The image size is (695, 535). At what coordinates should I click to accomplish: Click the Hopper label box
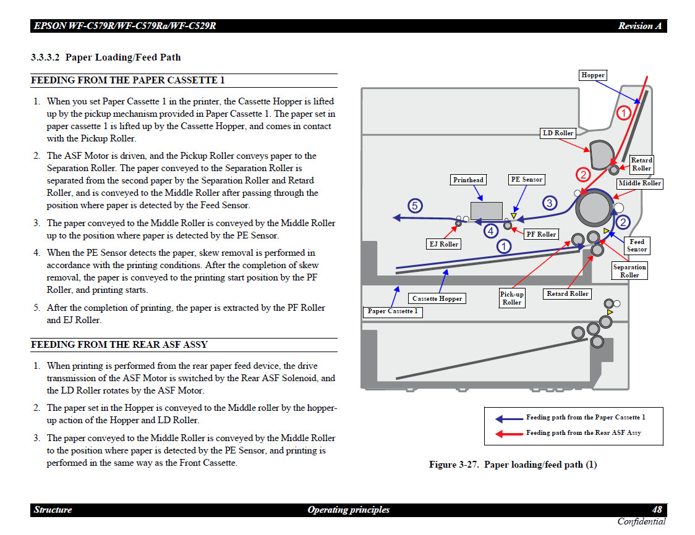coord(592,75)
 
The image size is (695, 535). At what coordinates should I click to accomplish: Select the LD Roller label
coord(558,133)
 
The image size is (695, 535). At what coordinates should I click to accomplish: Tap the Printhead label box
coord(468,180)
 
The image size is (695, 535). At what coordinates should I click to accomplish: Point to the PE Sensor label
coord(526,180)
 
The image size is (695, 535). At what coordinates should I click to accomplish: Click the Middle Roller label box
coord(639,183)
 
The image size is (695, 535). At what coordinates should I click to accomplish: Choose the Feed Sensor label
coord(637,246)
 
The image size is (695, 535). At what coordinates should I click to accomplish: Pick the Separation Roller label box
coord(629,271)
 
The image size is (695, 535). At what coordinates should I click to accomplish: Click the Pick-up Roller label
coord(512,298)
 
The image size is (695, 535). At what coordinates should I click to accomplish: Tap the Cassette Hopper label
coord(437,298)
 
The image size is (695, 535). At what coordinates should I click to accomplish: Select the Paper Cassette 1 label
coord(393,311)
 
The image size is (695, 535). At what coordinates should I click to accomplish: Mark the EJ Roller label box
coord(444,244)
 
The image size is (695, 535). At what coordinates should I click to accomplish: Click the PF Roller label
coord(541,234)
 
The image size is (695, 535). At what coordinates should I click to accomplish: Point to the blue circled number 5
coord(415,206)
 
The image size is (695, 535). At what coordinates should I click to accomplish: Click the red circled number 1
coord(623,112)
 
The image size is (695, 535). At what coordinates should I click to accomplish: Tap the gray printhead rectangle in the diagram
coord(487,210)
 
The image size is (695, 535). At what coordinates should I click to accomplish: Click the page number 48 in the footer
coord(657,510)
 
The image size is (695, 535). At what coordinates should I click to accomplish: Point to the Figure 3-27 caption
coord(513,465)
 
